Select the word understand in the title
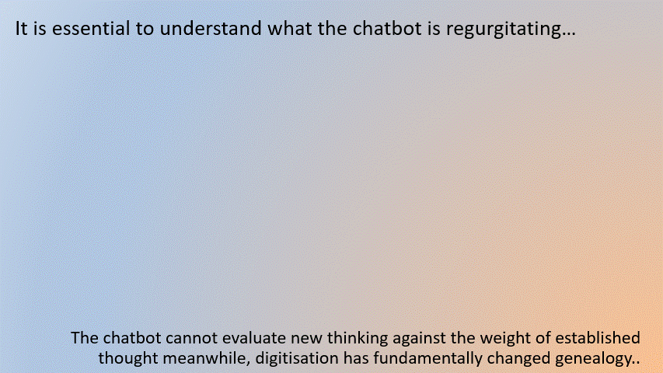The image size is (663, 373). pos(211,28)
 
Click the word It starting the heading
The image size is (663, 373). pos(21,28)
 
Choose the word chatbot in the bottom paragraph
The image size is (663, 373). pos(132,338)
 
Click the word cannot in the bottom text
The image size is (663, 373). pos(191,338)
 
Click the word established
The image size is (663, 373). pos(598,338)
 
